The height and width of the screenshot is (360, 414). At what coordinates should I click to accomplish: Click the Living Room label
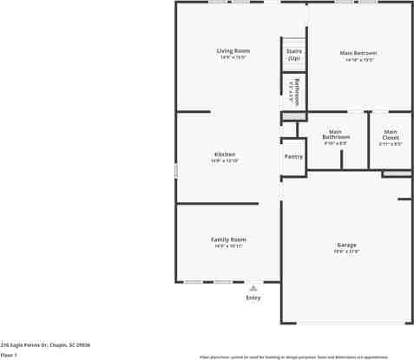[233, 51]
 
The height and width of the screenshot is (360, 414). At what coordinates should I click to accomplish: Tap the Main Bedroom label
[358, 53]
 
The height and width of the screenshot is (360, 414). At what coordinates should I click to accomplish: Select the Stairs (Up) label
[293, 55]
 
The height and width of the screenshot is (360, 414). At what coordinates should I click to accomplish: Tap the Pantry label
[293, 156]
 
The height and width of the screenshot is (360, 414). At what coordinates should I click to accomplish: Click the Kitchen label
[225, 154]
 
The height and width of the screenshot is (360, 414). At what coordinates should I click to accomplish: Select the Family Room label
[228, 239]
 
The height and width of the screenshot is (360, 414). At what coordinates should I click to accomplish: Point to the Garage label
[346, 245]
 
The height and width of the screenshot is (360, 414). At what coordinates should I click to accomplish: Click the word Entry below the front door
[253, 298]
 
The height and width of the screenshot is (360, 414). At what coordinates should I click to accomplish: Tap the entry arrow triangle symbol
[253, 288]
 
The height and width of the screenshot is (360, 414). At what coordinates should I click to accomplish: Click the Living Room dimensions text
[233, 58]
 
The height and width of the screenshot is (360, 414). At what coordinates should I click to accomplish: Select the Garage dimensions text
[346, 252]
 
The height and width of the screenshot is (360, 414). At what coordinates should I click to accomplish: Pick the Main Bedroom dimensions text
[358, 60]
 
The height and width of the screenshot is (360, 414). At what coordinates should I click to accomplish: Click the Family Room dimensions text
[228, 246]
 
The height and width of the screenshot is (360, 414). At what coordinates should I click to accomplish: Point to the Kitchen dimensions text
[225, 160]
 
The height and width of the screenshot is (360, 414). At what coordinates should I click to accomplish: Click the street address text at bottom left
[45, 345]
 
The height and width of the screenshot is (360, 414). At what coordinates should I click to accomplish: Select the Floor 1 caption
[9, 354]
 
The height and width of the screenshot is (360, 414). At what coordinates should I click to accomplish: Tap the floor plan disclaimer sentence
[293, 357]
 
